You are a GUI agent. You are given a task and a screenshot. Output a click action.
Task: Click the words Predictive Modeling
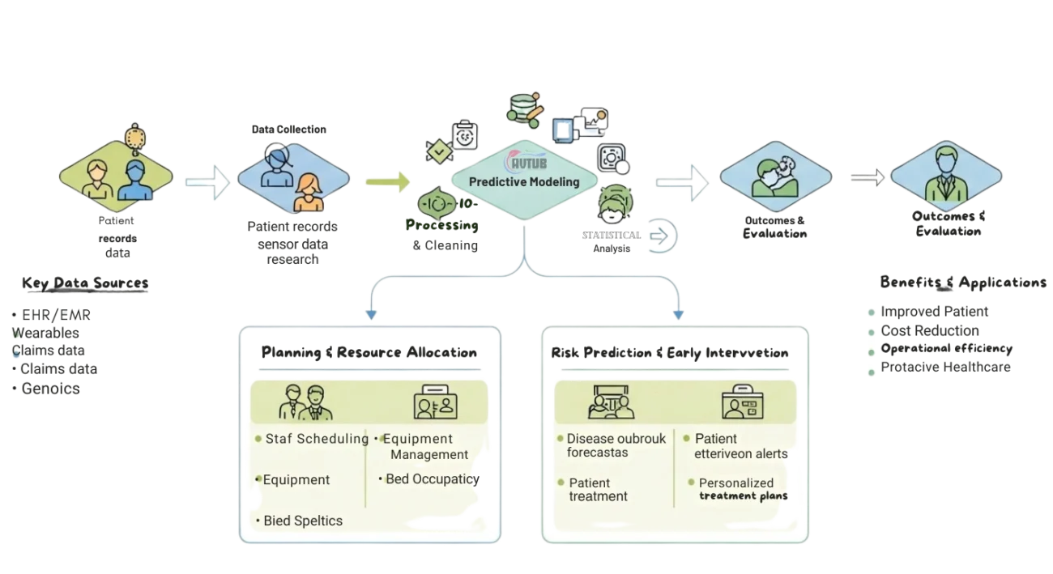tap(524, 182)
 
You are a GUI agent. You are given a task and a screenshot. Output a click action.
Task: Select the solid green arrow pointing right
tap(388, 181)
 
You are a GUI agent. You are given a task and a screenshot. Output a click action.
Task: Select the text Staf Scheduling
tap(317, 439)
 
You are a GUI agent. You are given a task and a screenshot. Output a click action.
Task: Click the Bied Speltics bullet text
tap(303, 521)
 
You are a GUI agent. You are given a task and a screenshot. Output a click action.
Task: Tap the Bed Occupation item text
tap(429, 479)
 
